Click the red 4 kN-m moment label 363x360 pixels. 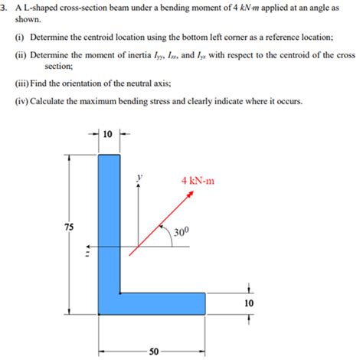(198, 181)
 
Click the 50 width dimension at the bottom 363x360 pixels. (153, 352)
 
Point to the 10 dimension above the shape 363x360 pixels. (107, 134)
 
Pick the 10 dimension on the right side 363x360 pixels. (247, 303)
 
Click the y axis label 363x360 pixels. (139, 175)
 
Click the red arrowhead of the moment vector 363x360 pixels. (191, 194)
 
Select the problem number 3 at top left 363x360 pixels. (5, 7)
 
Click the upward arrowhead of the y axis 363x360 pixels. (139, 188)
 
